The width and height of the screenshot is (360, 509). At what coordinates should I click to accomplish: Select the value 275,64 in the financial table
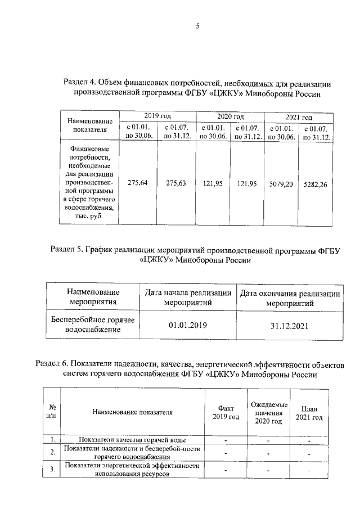[138, 183]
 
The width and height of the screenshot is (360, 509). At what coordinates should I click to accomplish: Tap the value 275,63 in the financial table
[177, 183]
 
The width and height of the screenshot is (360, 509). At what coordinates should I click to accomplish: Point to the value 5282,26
[315, 183]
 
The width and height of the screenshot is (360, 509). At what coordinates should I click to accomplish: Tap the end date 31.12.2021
[290, 325]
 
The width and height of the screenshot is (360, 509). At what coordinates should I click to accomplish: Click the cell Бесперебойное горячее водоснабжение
[92, 325]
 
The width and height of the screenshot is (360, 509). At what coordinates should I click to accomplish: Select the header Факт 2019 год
[226, 412]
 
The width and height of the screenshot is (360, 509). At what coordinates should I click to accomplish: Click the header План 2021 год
[309, 413]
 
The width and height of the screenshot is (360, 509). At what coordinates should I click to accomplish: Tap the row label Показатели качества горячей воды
[133, 439]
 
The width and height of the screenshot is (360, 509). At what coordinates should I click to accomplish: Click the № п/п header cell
[52, 412]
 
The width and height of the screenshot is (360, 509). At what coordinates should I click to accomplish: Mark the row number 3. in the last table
[52, 470]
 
